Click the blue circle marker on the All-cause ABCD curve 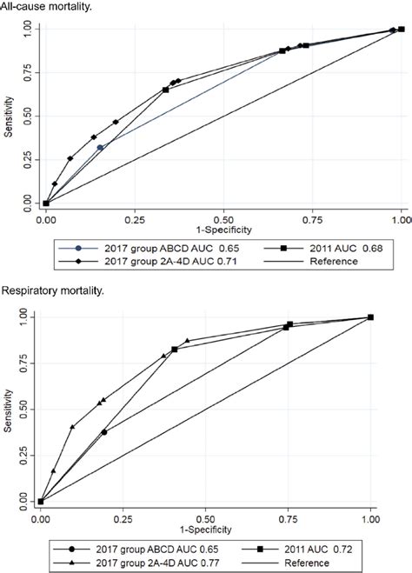coord(100,148)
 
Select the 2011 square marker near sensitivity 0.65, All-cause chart coord(165,90)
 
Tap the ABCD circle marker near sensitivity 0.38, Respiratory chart coord(104,431)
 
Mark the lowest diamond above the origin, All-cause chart coord(54,183)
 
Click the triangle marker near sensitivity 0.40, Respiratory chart coord(72,427)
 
